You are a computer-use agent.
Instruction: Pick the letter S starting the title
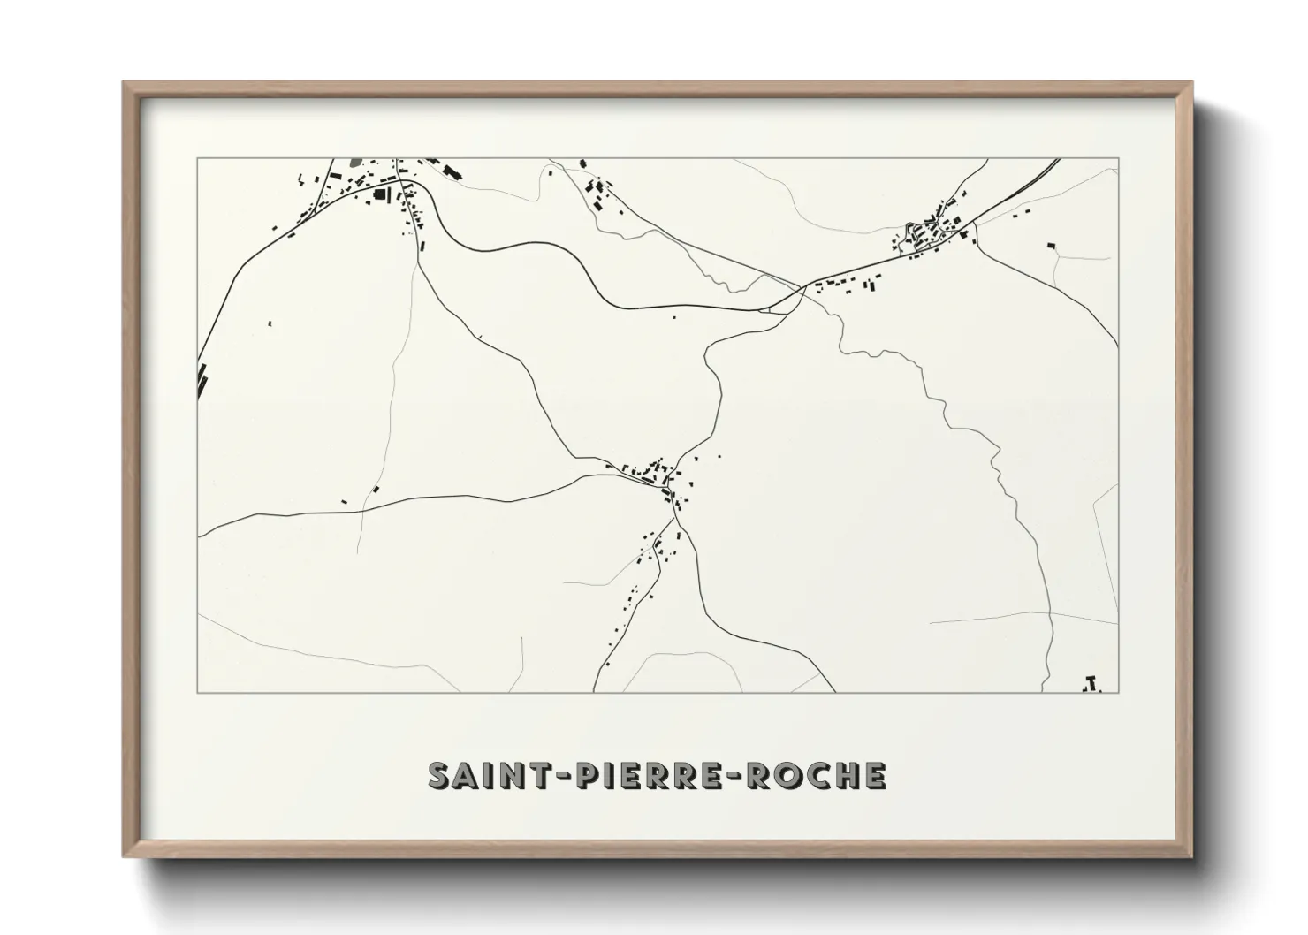(438, 775)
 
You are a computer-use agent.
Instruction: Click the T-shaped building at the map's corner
(1092, 682)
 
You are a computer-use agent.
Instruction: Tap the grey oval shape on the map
(355, 163)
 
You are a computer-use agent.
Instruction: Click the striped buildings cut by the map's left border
(202, 377)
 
